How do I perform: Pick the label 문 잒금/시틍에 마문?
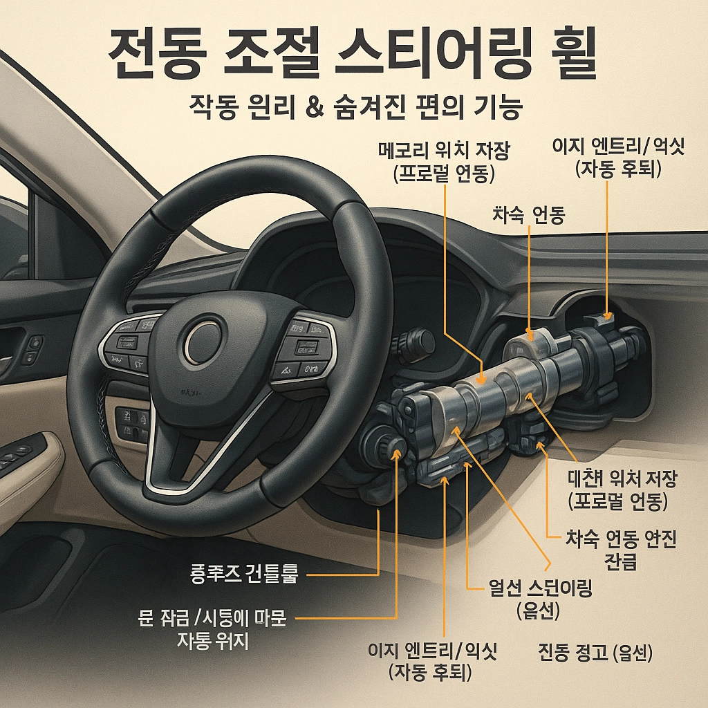(x=212, y=618)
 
